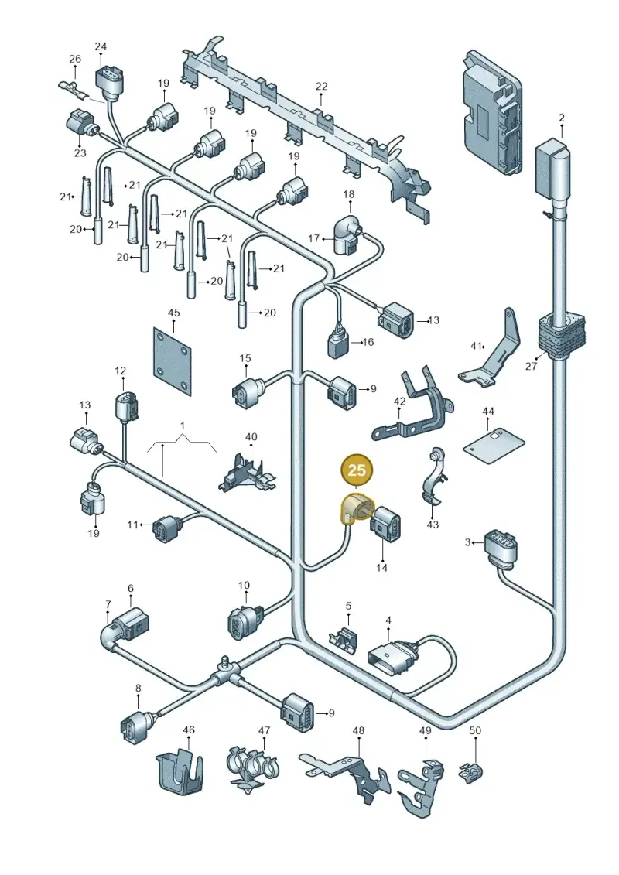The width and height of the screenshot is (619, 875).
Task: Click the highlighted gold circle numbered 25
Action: [x=356, y=470]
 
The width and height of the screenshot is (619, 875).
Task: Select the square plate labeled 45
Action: [x=173, y=361]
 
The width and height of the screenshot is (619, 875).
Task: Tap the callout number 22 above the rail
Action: [x=322, y=87]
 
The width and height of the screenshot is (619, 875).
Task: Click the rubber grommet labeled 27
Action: [x=563, y=335]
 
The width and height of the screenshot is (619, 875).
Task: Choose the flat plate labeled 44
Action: [x=494, y=445]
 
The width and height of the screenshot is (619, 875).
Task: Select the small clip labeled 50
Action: [x=471, y=772]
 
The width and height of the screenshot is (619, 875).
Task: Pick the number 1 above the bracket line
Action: [x=182, y=426]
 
